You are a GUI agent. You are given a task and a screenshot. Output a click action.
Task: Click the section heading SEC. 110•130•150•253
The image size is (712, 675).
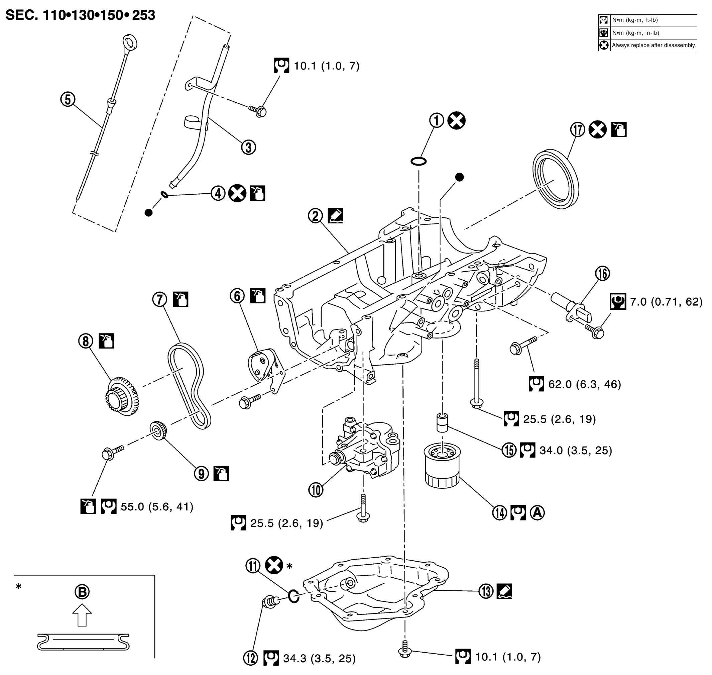(80, 15)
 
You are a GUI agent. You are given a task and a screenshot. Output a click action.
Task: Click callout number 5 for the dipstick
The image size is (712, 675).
(68, 99)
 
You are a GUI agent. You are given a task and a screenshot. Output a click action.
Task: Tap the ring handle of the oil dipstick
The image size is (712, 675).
(130, 42)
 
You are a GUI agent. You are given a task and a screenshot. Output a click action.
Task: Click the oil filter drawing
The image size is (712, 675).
(442, 466)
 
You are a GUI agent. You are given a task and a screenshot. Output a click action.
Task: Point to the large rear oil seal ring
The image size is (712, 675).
(556, 179)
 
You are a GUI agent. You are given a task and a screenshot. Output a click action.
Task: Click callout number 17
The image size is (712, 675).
(578, 129)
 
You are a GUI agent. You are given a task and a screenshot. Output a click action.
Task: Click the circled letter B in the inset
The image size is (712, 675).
(82, 592)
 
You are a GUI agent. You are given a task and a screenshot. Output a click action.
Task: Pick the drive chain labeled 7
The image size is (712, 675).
(189, 385)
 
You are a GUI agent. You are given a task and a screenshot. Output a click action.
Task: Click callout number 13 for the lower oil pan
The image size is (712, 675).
(486, 591)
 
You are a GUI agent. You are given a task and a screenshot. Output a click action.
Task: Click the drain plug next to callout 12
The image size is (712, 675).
(270, 602)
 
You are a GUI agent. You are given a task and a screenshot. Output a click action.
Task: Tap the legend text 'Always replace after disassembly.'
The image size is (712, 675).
(654, 45)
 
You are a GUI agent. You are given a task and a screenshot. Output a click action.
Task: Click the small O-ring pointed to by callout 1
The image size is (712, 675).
(419, 161)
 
